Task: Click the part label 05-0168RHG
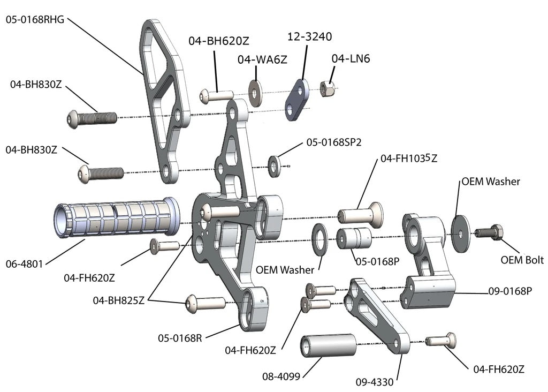(35, 20)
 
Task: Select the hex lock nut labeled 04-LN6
(327, 88)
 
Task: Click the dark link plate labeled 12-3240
(296, 100)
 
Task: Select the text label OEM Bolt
(522, 260)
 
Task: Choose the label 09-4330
(375, 382)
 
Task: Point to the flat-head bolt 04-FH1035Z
(360, 214)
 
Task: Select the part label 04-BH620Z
(218, 41)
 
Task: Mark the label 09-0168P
(509, 291)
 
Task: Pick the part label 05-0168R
(179, 338)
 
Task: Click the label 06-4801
(25, 263)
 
